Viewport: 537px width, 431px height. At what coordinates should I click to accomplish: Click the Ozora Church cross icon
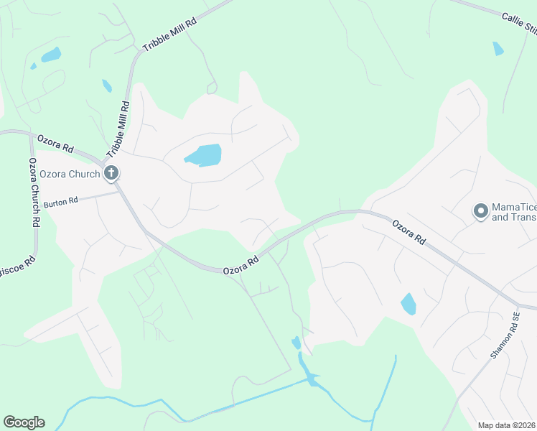[111, 172]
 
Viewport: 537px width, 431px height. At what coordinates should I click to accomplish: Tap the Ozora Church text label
[70, 173]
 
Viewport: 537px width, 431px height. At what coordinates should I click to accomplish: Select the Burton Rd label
[60, 203]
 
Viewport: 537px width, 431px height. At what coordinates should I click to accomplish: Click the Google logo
[24, 422]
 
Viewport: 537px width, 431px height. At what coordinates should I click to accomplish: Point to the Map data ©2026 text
[507, 425]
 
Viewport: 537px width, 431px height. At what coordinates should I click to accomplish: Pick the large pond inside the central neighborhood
[203, 155]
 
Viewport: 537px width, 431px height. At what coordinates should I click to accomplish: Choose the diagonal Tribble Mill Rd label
[170, 34]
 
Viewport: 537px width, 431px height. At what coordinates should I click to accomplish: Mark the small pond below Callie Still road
[498, 49]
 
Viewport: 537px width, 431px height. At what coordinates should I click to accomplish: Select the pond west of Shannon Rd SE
[408, 304]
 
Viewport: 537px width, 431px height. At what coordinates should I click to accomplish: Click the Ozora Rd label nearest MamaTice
[409, 234]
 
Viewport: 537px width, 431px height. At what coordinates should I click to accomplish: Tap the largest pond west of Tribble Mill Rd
[51, 55]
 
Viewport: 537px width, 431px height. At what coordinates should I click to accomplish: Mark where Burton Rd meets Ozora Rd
[118, 191]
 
